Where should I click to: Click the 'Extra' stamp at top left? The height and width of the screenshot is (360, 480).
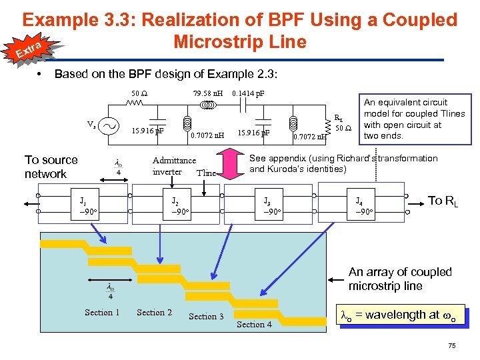pos(30,48)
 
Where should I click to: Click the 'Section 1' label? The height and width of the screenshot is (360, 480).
pos(102,312)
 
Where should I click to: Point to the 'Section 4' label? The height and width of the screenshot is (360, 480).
pos(254,325)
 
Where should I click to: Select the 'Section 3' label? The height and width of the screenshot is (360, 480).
pos(206,316)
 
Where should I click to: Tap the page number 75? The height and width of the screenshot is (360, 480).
pos(452,345)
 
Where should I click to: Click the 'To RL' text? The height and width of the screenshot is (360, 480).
pos(444,201)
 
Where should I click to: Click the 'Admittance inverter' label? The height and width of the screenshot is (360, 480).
pos(174,165)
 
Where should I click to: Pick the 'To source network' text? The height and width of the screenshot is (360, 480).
pos(51,167)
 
